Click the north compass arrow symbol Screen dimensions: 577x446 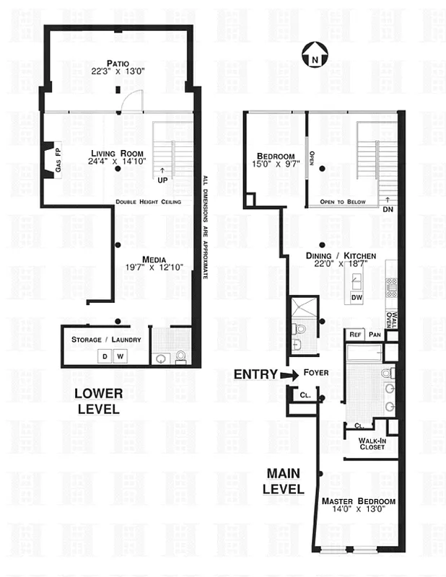click(314, 53)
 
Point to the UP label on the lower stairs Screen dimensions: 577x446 click(162, 177)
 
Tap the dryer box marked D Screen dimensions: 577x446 click(104, 356)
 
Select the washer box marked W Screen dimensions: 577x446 click(121, 356)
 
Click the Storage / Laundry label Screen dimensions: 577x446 click(105, 340)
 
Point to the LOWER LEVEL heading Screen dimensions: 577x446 click(100, 401)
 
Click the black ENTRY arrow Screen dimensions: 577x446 click(289, 374)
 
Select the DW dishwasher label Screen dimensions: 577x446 click(356, 296)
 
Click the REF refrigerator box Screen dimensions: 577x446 click(355, 335)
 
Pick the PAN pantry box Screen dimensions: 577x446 click(374, 335)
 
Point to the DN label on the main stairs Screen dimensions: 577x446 click(388, 209)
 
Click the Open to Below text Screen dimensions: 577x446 click(342, 202)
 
